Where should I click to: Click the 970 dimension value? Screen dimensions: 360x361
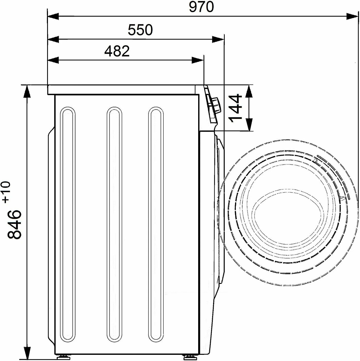(x=201, y=7)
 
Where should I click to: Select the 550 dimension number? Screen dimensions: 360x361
(x=140, y=30)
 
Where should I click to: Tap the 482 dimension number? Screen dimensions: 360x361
(x=117, y=51)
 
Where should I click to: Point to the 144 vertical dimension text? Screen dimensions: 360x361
(x=235, y=108)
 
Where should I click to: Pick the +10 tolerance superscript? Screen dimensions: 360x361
(x=6, y=192)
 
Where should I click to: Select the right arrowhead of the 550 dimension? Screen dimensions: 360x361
(x=218, y=39)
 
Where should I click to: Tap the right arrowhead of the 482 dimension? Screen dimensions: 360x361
(x=198, y=61)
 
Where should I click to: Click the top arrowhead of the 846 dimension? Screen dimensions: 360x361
(x=27, y=91)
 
